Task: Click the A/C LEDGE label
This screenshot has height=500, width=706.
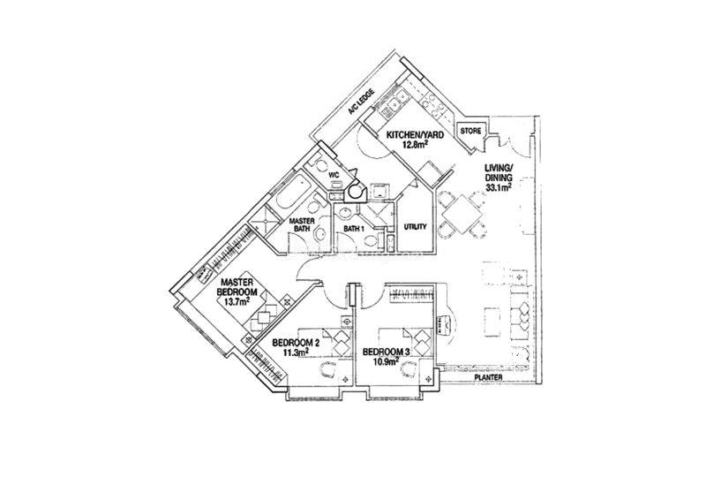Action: click(x=361, y=102)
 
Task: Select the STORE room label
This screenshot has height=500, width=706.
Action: click(x=471, y=131)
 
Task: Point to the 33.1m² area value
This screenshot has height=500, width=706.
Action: click(x=498, y=187)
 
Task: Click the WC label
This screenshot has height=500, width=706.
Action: click(x=334, y=175)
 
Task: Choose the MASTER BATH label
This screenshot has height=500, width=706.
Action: click(x=302, y=225)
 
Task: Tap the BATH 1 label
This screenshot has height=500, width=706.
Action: click(x=354, y=229)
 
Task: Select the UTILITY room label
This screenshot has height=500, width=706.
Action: click(x=415, y=227)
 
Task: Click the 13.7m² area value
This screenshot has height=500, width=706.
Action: click(x=238, y=301)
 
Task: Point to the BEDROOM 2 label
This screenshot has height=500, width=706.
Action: click(x=296, y=343)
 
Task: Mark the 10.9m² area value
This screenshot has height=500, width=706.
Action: click(x=387, y=360)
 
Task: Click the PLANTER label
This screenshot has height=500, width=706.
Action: click(x=489, y=377)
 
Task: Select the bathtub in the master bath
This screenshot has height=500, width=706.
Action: click(x=291, y=192)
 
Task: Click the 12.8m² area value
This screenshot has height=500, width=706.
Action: click(x=415, y=144)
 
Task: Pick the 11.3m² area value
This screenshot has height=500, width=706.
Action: click(x=296, y=352)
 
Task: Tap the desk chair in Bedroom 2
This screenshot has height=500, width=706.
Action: click(x=327, y=371)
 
